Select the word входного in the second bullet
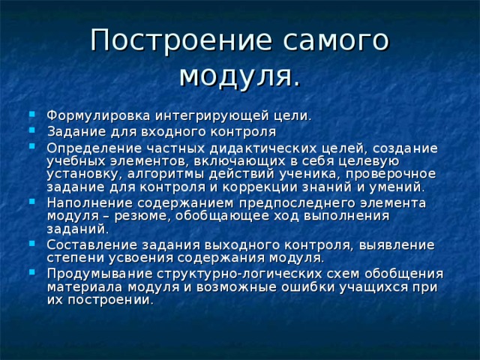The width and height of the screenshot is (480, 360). pos(175,131)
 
